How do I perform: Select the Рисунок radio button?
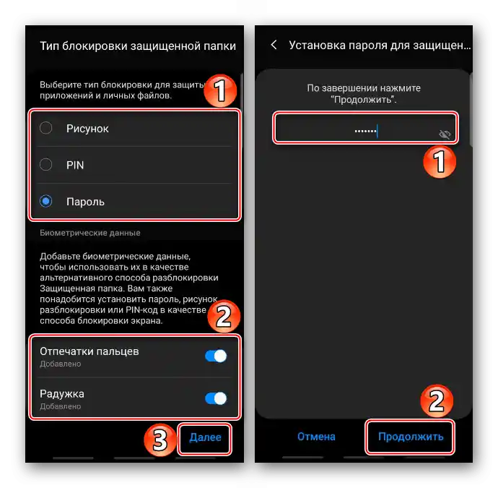tap(45, 128)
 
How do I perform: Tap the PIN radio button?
tap(45, 164)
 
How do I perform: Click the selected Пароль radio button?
tap(45, 201)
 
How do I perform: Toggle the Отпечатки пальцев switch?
tap(216, 356)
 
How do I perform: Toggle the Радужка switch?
tap(216, 398)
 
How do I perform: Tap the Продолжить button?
tap(411, 437)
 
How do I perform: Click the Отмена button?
tap(316, 437)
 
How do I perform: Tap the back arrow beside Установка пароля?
tap(274, 45)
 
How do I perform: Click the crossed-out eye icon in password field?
tap(445, 134)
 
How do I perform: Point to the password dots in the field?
tap(365, 131)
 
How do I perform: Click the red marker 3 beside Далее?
tap(160, 440)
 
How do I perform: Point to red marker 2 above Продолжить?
tap(437, 401)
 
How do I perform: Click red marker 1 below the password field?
tap(440, 162)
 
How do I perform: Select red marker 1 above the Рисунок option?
tap(220, 90)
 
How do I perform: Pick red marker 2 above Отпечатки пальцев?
tap(224, 316)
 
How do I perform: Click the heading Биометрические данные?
tap(90, 233)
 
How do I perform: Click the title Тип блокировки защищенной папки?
tap(138, 46)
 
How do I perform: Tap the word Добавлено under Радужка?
tap(61, 406)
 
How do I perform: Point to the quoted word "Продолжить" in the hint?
tap(363, 100)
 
